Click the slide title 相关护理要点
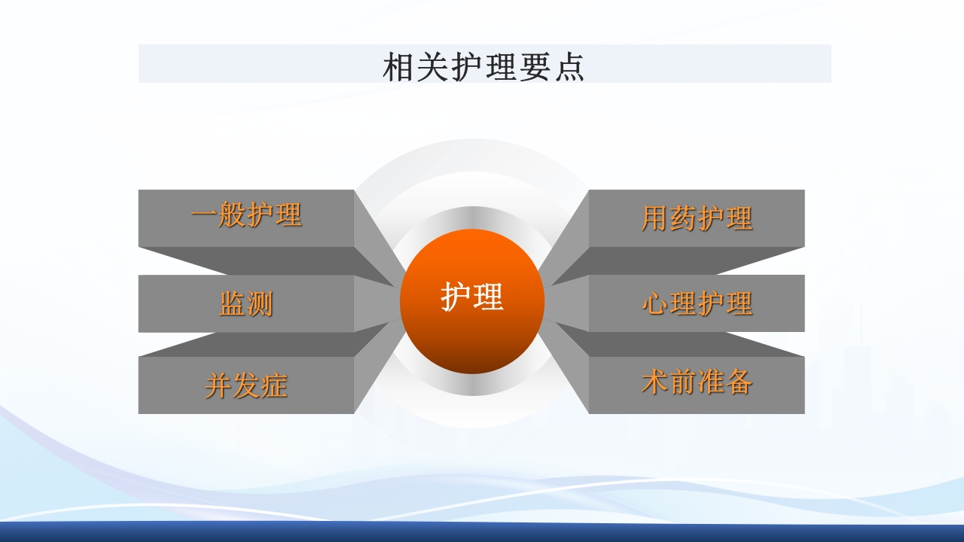pyautogui.click(x=484, y=66)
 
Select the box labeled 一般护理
pyautogui.click(x=246, y=217)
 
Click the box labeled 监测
pyautogui.click(x=246, y=304)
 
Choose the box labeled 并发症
pyautogui.click(x=246, y=385)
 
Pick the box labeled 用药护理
pyautogui.click(x=697, y=218)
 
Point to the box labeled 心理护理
pyautogui.click(x=697, y=303)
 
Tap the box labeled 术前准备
pyautogui.click(x=697, y=383)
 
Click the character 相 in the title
pyautogui.click(x=398, y=67)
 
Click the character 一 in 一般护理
pyautogui.click(x=204, y=216)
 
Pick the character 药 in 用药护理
pyautogui.click(x=683, y=218)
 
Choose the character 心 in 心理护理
pyautogui.click(x=655, y=303)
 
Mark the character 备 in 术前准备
pyautogui.click(x=739, y=382)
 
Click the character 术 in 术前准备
pyautogui.click(x=655, y=382)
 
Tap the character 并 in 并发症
pyautogui.click(x=218, y=385)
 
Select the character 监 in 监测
pyautogui.click(x=232, y=304)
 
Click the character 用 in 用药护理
pyautogui.click(x=655, y=218)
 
